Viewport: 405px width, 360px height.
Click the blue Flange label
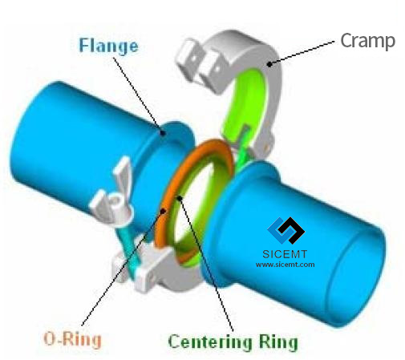click(108, 47)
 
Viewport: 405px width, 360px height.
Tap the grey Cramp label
click(367, 41)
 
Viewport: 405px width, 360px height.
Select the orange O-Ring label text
click(72, 339)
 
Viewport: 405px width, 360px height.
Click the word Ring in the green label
click(278, 342)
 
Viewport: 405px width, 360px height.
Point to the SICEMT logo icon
click(286, 230)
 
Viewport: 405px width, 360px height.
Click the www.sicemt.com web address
click(285, 265)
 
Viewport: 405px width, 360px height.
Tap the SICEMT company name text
click(285, 254)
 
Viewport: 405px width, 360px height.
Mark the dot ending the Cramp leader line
click(269, 64)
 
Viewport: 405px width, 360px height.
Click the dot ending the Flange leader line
click(162, 132)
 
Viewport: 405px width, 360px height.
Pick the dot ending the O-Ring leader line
click(164, 211)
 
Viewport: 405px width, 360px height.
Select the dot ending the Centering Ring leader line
click(180, 198)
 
